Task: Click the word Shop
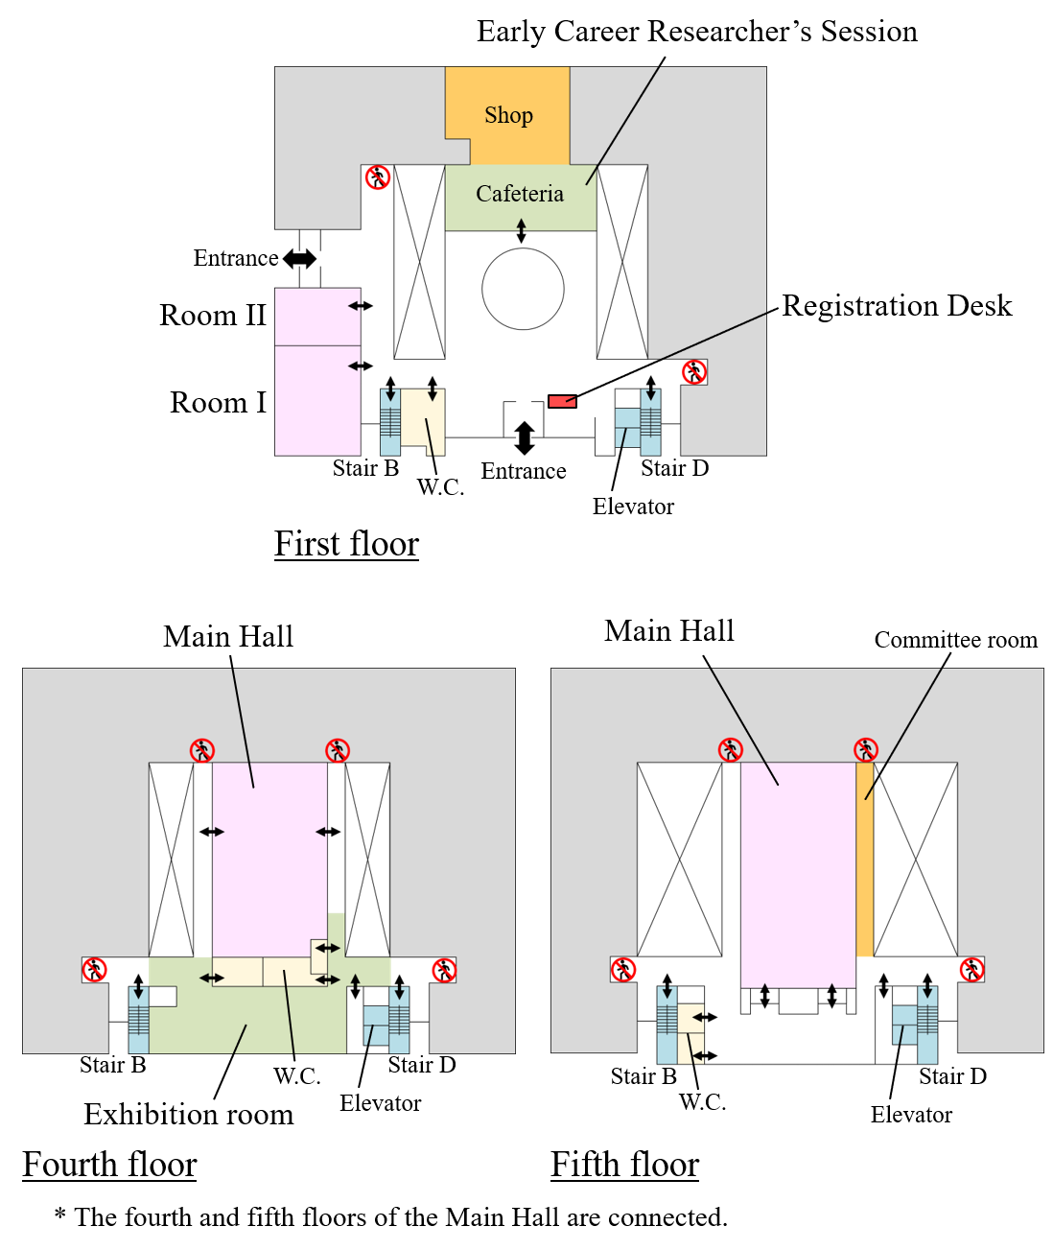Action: pos(508,116)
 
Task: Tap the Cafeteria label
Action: pos(520,194)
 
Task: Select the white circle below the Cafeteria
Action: pos(523,289)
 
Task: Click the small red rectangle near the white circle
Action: pos(562,401)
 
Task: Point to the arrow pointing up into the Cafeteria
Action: pos(521,225)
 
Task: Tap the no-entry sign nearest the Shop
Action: pos(378,177)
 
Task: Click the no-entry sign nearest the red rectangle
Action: pos(693,372)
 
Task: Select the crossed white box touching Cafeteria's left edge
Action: pos(420,262)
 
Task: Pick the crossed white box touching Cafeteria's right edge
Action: pos(622,262)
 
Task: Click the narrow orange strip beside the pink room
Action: pos(864,860)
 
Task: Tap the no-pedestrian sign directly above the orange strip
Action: pos(866,750)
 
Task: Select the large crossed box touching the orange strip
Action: pos(915,860)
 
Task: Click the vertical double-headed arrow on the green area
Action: pos(356,986)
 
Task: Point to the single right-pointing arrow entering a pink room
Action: pos(219,832)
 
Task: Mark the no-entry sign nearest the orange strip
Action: pos(971,970)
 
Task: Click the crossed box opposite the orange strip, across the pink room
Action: pos(679,860)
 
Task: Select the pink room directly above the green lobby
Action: pos(269,859)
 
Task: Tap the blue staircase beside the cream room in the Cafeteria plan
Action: pos(390,422)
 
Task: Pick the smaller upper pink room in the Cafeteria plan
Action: pos(317,317)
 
